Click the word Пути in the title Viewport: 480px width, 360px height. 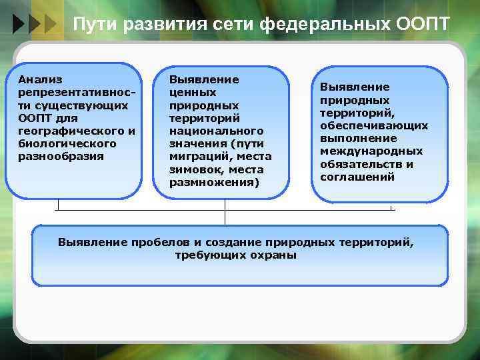coord(93,25)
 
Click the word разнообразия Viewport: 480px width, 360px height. coord(61,156)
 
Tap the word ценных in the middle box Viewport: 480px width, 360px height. coord(193,93)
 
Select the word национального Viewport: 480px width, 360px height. coord(217,131)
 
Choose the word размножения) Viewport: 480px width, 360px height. coord(215,182)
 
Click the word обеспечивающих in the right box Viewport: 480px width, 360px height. coord(374,125)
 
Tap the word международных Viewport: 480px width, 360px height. coord(371,151)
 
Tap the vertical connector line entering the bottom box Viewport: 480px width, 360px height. coord(225,218)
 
